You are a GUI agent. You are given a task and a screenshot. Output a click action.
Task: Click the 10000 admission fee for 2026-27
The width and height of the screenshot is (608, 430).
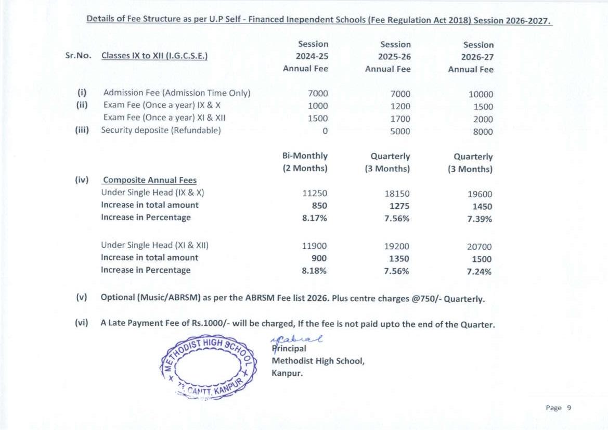481,95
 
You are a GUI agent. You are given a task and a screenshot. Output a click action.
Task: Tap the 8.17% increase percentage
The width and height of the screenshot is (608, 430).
315,218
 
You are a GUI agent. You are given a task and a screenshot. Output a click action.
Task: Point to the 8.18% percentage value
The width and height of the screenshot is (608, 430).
315,270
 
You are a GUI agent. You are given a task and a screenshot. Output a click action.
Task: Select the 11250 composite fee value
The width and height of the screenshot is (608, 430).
315,193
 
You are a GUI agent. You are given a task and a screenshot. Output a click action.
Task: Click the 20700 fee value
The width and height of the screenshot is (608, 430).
479,247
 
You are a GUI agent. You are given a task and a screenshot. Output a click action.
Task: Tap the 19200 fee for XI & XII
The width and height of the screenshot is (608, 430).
396,246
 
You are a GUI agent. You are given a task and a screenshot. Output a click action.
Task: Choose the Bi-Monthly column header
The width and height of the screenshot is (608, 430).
305,156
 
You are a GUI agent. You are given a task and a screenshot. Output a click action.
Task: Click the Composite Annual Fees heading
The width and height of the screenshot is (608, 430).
150,180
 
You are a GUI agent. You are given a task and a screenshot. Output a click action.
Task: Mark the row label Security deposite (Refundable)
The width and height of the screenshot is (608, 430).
161,130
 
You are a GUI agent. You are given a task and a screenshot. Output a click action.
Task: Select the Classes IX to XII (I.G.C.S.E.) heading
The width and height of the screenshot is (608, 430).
154,56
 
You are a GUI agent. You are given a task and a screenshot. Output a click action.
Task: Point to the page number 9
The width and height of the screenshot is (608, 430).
569,408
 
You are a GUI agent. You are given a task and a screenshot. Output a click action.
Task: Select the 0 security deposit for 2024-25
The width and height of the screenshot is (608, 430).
325,131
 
